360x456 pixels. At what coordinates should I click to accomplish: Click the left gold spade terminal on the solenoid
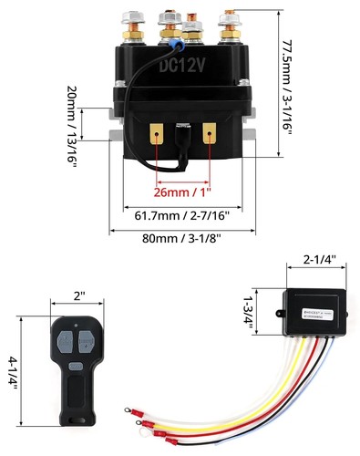(x=156, y=135)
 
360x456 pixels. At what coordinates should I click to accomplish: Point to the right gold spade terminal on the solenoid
(x=211, y=135)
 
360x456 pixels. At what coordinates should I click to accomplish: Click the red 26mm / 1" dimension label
(x=183, y=192)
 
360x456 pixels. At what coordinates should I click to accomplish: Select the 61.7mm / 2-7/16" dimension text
(x=181, y=215)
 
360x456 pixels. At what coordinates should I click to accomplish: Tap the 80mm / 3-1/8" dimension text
(x=181, y=238)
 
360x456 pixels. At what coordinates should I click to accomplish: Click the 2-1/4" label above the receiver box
(x=317, y=260)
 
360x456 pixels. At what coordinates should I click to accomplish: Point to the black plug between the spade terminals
(x=182, y=138)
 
